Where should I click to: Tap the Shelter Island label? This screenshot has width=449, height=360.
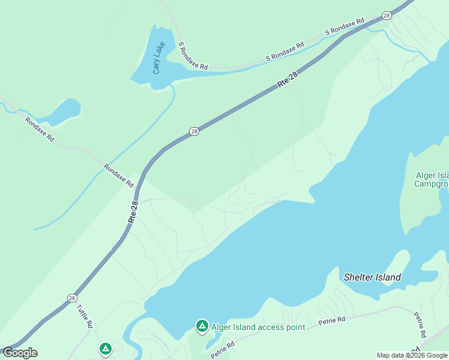pyautogui.click(x=372, y=277)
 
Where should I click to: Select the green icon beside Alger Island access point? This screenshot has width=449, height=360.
pyautogui.click(x=202, y=326)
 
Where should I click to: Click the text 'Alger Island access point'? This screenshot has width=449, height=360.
pyautogui.click(x=258, y=327)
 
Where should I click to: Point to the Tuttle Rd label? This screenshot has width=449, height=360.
pyautogui.click(x=85, y=316)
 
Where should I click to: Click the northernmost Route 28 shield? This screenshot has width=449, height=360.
pyautogui.click(x=386, y=16)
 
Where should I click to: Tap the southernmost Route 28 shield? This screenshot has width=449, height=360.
pyautogui.click(x=72, y=298)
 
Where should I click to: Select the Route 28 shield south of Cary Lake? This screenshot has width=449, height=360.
pyautogui.click(x=193, y=131)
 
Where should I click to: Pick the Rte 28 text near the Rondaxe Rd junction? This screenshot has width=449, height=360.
pyautogui.click(x=134, y=212)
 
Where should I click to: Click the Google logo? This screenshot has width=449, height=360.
pyautogui.click(x=20, y=353)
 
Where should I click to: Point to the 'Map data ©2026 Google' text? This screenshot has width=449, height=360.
pyautogui.click(x=412, y=355)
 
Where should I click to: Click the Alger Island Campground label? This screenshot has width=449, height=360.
pyautogui.click(x=432, y=179)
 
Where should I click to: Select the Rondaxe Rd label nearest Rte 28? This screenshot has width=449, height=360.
pyautogui.click(x=118, y=176)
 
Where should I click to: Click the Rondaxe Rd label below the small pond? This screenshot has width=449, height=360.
pyautogui.click(x=40, y=129)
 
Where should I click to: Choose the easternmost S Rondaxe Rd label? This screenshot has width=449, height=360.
pyautogui.click(x=345, y=27)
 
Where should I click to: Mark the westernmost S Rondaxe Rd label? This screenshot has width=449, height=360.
pyautogui.click(x=193, y=56)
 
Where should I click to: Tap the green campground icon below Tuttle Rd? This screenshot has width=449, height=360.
pyautogui.click(x=106, y=348)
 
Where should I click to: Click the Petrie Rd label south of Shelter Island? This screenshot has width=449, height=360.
pyautogui.click(x=332, y=321)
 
